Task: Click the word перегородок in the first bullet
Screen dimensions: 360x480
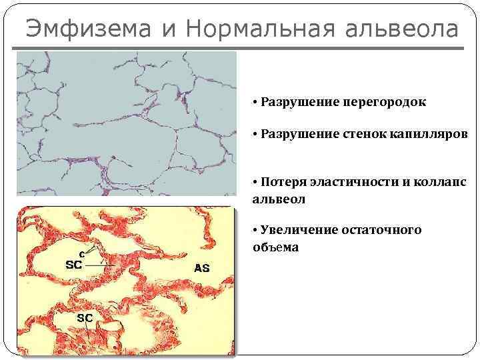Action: [384, 103]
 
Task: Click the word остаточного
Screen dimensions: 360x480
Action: [380, 230]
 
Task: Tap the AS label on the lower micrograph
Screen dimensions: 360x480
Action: [201, 269]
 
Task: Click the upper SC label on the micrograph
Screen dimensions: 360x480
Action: [73, 264]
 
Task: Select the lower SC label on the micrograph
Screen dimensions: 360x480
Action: [84, 318]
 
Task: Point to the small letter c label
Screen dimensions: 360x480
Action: [81, 253]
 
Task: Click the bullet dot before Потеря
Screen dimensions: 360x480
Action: [255, 183]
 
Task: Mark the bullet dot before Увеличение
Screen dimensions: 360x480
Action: [255, 230]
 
